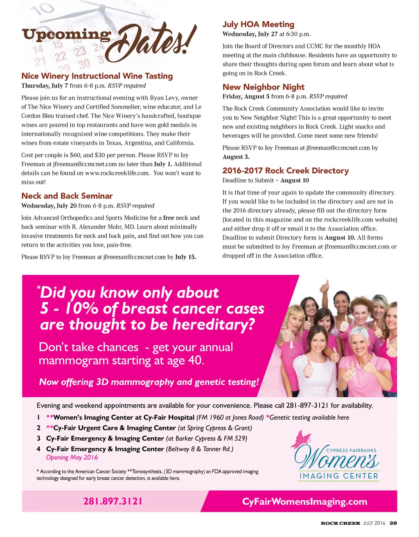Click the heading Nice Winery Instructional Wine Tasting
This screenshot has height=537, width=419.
coord(97,76)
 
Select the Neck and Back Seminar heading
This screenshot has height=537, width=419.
coord(67,196)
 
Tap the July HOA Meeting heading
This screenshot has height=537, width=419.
coord(258,25)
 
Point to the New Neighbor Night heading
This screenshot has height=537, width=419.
coord(263,87)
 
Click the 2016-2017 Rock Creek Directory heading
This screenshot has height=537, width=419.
coord(285,171)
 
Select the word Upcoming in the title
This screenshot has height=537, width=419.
coord(66,35)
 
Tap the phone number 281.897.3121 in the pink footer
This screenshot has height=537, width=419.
coord(113,501)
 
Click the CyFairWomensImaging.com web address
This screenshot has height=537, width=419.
coord(304,501)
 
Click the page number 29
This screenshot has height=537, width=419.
coord(393,523)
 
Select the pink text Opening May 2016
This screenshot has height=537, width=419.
coord(72,458)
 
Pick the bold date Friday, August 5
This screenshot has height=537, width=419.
coord(246,97)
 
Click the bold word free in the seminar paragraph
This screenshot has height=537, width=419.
coord(169,218)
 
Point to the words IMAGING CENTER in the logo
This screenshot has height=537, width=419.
coord(338,476)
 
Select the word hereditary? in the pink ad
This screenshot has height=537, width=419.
coord(213,325)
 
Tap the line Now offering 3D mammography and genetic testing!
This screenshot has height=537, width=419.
coord(149,382)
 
